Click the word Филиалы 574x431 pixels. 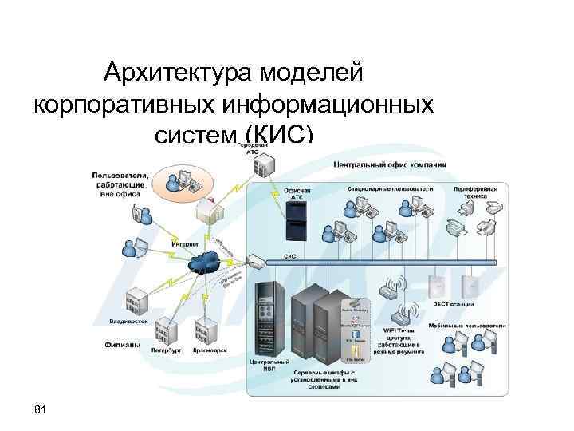tap(123, 346)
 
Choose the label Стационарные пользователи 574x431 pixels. tap(389, 188)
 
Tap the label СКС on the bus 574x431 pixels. tap(291, 257)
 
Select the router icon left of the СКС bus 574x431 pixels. tap(254, 262)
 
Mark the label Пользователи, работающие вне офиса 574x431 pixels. tap(117, 184)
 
